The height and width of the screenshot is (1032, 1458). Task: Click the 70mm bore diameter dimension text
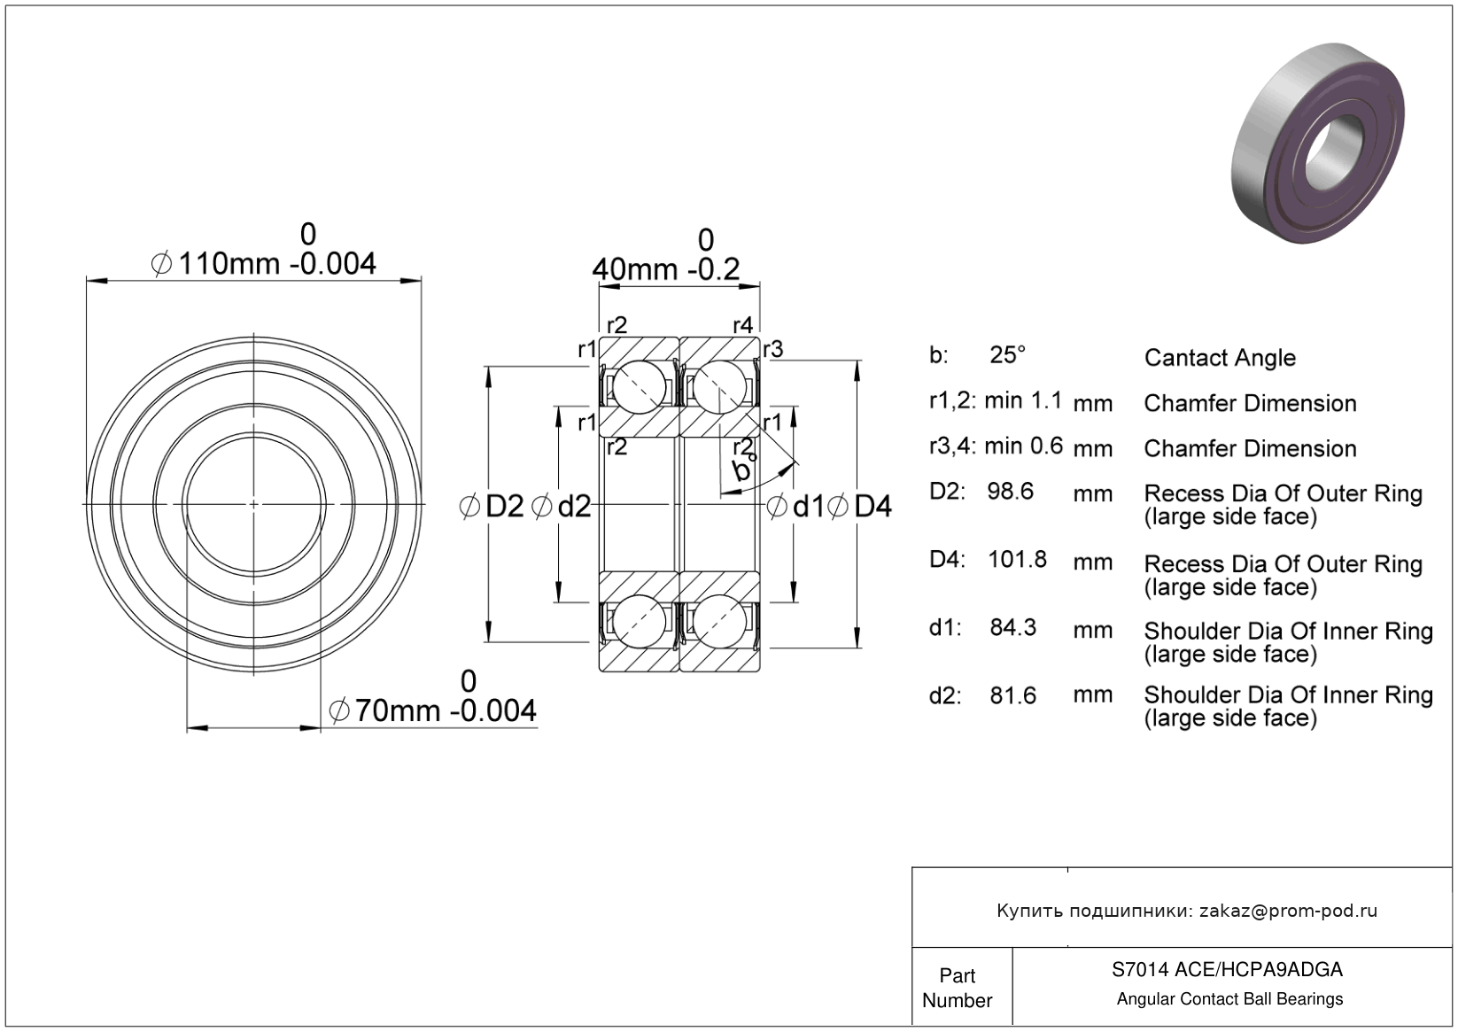(433, 710)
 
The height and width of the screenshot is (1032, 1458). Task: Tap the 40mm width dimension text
(665, 269)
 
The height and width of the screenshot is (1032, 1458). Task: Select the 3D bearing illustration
(1317, 144)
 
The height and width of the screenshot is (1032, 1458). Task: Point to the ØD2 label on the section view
(492, 507)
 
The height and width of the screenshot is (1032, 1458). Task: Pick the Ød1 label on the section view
(795, 507)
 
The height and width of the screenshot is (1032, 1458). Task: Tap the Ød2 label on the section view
(561, 507)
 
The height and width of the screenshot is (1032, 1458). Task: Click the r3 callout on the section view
(772, 350)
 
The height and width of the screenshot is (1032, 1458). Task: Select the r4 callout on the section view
(742, 325)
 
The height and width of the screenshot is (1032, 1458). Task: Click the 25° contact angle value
(1008, 355)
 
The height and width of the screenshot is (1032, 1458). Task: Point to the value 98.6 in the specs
(1010, 491)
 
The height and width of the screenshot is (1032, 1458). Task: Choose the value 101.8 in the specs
(1018, 559)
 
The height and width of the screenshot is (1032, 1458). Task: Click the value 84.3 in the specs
(1013, 627)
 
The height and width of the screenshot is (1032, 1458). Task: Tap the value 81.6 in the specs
(1013, 696)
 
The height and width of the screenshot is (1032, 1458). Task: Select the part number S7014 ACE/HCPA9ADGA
(1227, 969)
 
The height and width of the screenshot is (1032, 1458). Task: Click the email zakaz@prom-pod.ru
(1288, 911)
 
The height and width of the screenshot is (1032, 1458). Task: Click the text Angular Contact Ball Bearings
(1229, 999)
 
